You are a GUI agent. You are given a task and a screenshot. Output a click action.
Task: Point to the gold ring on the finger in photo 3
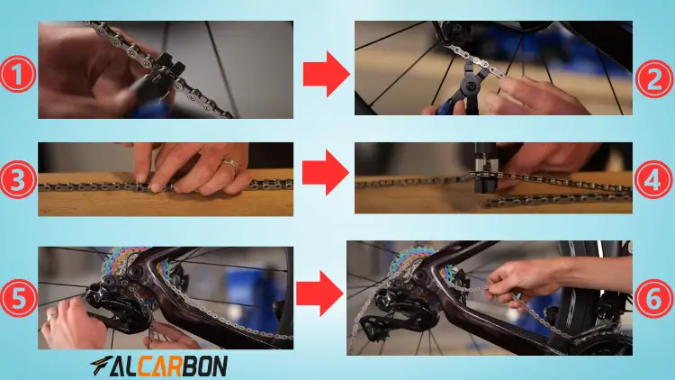pyautogui.click(x=231, y=166)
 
